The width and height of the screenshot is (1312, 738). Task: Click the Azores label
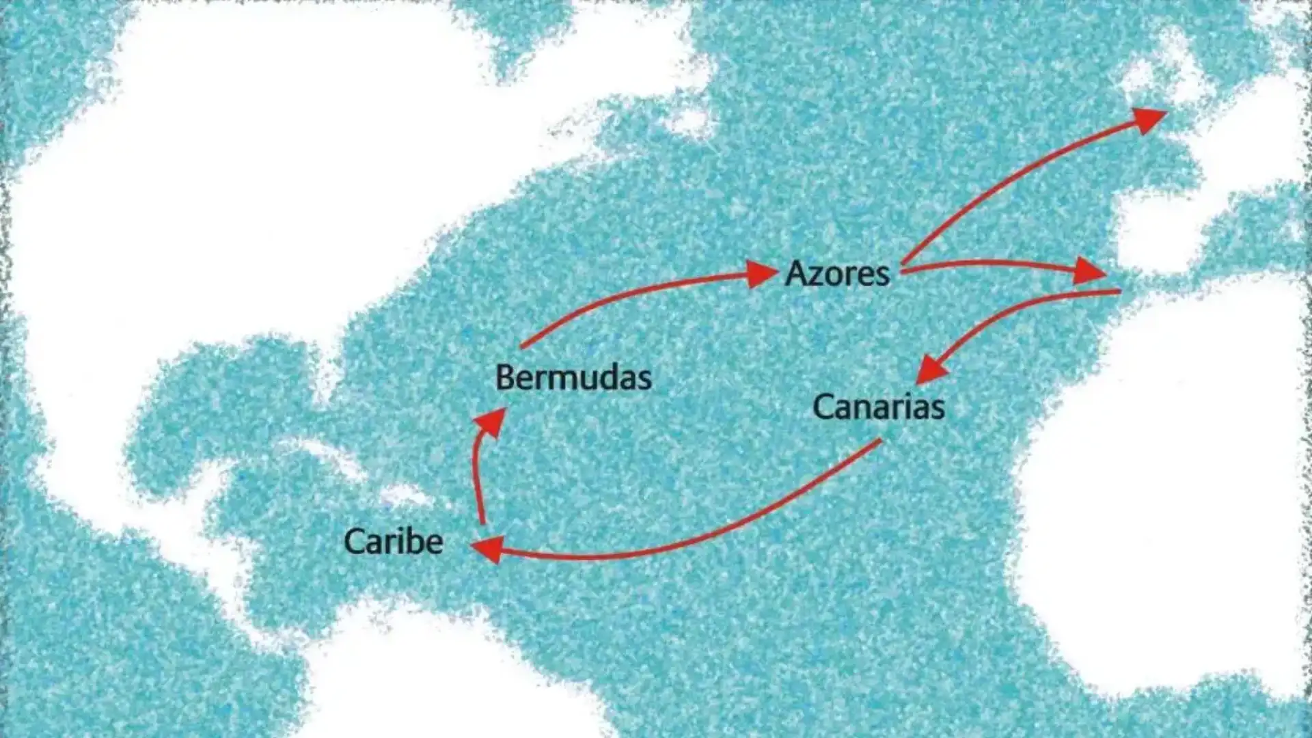pyautogui.click(x=837, y=273)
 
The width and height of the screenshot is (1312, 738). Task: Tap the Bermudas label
pyautogui.click(x=573, y=377)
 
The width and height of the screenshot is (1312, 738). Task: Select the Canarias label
pyautogui.click(x=879, y=407)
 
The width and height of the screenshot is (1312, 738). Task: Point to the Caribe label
pyautogui.click(x=393, y=541)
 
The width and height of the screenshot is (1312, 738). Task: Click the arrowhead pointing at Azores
pyautogui.click(x=761, y=274)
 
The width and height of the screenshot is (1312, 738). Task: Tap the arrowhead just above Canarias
pyautogui.click(x=931, y=370)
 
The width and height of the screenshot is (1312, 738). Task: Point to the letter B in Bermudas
pyautogui.click(x=505, y=377)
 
